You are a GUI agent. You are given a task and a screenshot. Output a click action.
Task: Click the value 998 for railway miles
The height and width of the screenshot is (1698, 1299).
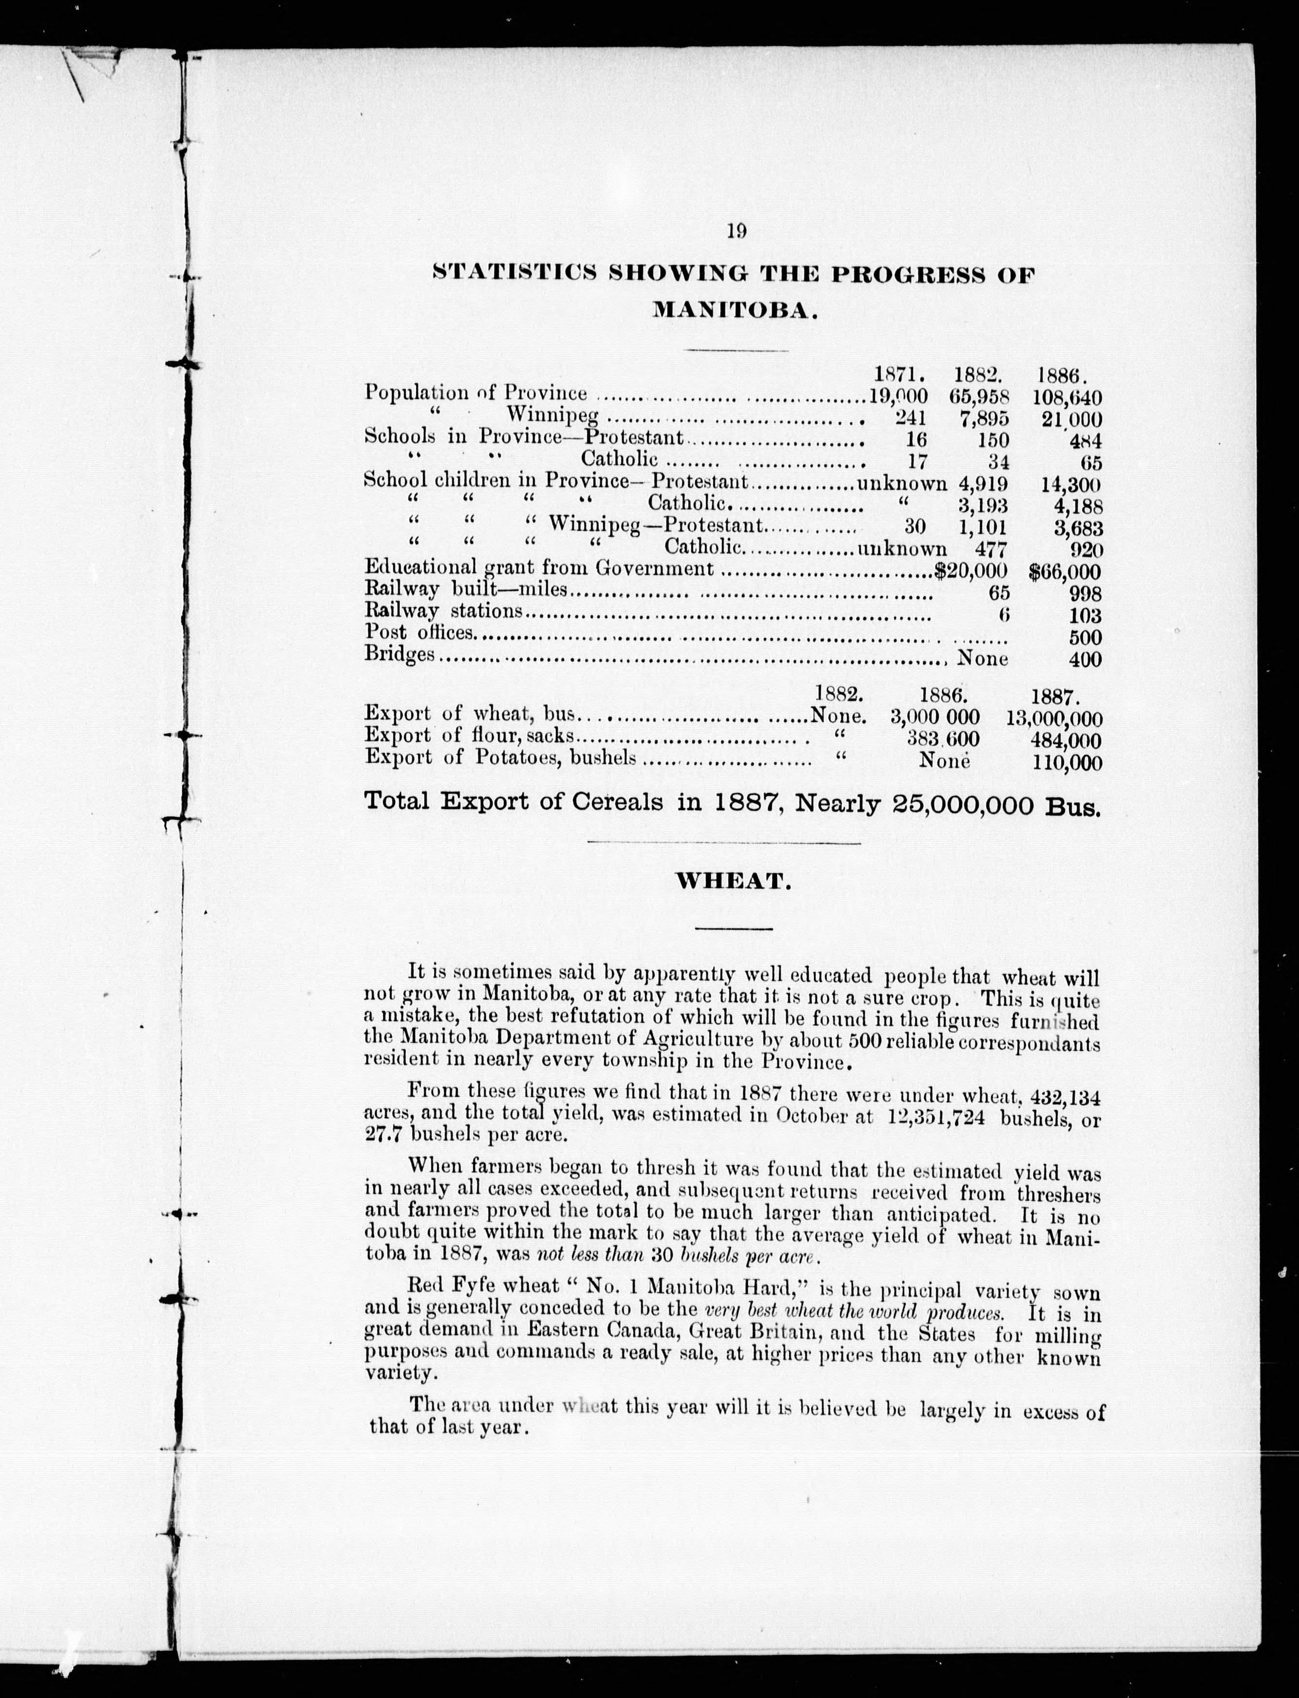pyautogui.click(x=1084, y=594)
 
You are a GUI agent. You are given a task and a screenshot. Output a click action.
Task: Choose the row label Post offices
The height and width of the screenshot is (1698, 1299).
pyautogui.click(x=418, y=632)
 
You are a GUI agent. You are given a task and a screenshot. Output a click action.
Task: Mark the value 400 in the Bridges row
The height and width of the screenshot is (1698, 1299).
pyautogui.click(x=1084, y=659)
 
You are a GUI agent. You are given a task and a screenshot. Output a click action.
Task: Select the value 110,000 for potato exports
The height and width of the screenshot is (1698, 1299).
pyautogui.click(x=1067, y=762)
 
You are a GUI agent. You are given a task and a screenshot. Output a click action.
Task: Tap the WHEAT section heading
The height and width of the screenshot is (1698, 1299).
pyautogui.click(x=734, y=882)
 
